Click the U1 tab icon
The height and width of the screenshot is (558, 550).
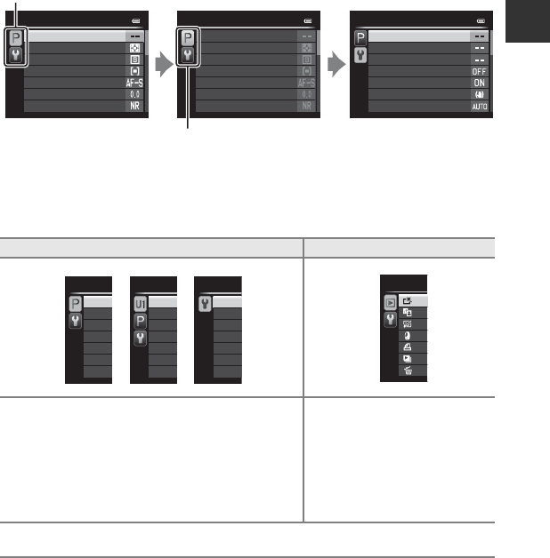[x=140, y=304]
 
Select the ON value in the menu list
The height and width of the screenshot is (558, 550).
[x=480, y=83]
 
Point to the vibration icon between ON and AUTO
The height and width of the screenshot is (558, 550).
[x=480, y=94]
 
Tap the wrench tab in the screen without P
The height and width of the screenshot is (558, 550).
[x=204, y=303]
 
